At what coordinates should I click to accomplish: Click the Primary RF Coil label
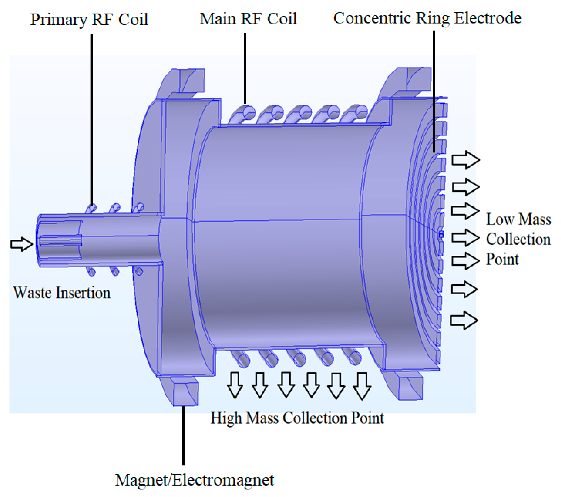89,20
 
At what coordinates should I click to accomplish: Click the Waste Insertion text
62,293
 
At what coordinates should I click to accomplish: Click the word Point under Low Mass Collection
502,259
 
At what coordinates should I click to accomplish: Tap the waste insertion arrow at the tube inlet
21,244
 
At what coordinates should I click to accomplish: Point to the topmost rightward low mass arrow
465,160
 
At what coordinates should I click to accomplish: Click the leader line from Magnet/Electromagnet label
183,436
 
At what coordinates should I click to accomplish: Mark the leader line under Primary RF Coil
92,118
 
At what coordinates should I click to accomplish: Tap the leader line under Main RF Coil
245,69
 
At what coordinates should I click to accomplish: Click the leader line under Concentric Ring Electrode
434,91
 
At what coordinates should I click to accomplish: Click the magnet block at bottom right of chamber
410,388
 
